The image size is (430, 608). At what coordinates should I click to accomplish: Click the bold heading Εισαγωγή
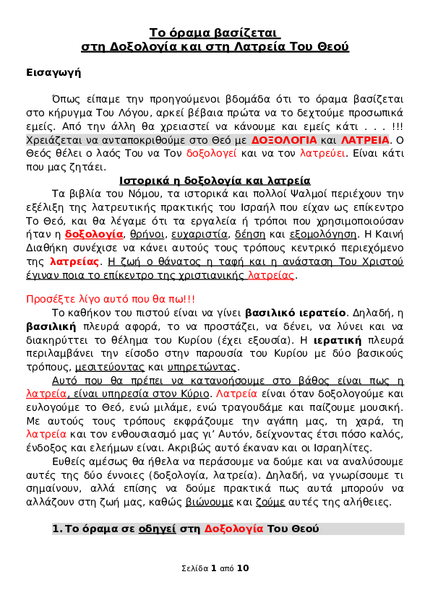click(x=53, y=73)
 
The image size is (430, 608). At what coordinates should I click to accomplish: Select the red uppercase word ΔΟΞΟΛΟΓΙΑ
click(x=284, y=140)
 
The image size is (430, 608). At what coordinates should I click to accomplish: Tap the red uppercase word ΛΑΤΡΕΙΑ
click(x=365, y=140)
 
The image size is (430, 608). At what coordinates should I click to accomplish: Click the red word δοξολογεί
click(x=211, y=154)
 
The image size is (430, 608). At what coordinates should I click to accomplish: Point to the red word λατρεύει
click(x=322, y=154)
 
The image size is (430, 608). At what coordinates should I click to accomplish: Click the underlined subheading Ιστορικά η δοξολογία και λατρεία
click(x=215, y=181)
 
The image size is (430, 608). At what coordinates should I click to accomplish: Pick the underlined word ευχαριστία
click(x=199, y=235)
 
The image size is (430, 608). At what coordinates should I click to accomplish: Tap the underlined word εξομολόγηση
click(x=323, y=235)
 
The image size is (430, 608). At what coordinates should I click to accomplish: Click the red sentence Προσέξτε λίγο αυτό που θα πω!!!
click(x=111, y=300)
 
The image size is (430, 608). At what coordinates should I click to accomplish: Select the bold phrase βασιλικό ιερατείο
click(x=296, y=313)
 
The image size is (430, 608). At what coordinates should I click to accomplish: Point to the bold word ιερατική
click(x=337, y=340)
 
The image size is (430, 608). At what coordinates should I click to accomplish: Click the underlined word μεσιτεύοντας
click(x=109, y=368)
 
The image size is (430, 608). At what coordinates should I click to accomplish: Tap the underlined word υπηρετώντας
click(x=202, y=368)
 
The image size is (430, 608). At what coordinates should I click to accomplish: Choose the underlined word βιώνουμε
click(x=209, y=502)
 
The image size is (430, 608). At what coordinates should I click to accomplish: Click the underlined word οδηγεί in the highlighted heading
click(x=157, y=529)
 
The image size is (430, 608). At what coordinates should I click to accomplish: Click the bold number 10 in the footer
click(x=243, y=568)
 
